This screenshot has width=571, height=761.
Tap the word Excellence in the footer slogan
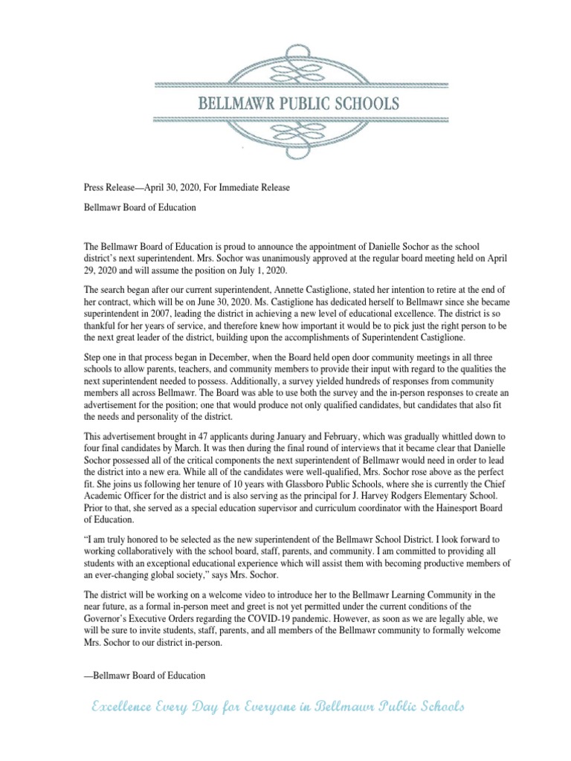pos(123,707)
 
